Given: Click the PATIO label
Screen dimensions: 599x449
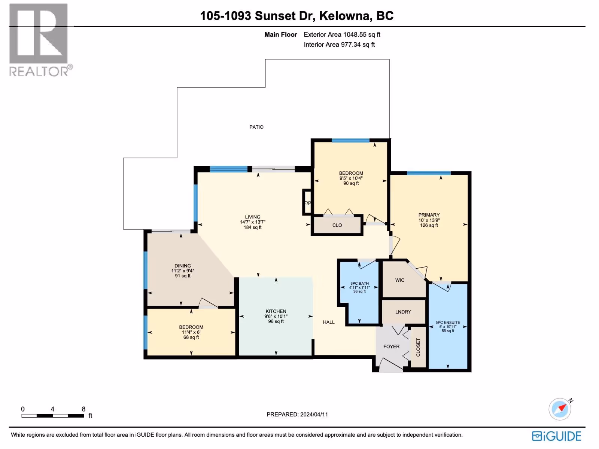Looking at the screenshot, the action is (x=256, y=127).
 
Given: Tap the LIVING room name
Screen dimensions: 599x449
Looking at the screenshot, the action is (x=253, y=217).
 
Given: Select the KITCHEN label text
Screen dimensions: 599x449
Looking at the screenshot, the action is (x=276, y=311).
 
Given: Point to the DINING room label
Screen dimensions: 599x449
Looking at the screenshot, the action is (x=183, y=266).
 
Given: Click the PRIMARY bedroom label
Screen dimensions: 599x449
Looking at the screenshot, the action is (x=429, y=215).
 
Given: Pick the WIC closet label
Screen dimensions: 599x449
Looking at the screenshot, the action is (x=400, y=280).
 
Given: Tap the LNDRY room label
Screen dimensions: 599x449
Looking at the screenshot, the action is (x=403, y=312).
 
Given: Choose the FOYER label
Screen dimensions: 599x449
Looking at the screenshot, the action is (x=392, y=347).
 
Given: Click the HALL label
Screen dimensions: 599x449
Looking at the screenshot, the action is (x=329, y=322).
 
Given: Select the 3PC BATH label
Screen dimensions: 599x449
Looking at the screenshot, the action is (x=359, y=284).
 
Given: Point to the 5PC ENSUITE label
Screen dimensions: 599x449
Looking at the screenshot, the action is (x=448, y=323).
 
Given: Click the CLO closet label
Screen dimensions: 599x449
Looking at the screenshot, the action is (x=337, y=225).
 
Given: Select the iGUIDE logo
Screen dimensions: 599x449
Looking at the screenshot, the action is (x=557, y=436).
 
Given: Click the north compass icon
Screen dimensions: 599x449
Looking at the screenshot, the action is (x=560, y=409).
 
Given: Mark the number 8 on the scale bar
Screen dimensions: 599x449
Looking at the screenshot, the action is (x=83, y=409).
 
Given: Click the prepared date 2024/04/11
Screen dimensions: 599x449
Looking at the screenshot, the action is (x=314, y=415).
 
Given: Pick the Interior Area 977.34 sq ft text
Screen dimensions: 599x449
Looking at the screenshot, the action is (x=339, y=45).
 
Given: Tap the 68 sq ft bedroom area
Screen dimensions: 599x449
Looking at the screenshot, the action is (x=191, y=337).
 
